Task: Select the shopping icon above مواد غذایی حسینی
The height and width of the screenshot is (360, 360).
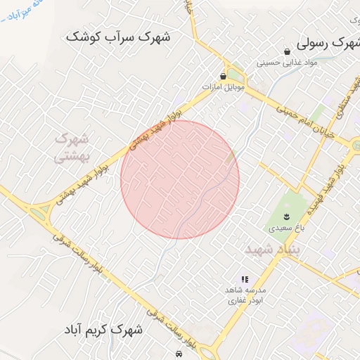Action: point(287,51)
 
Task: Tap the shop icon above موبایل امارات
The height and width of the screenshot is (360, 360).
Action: point(223,76)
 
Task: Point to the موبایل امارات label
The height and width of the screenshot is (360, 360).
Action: point(223,86)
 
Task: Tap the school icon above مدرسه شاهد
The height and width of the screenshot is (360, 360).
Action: point(245,279)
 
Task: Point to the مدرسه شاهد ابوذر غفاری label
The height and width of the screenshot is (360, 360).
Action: point(245,295)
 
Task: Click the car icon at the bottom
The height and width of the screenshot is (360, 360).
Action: point(181,354)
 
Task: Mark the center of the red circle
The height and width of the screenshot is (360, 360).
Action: point(180,179)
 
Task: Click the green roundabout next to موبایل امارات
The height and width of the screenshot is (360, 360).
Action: point(235,74)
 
